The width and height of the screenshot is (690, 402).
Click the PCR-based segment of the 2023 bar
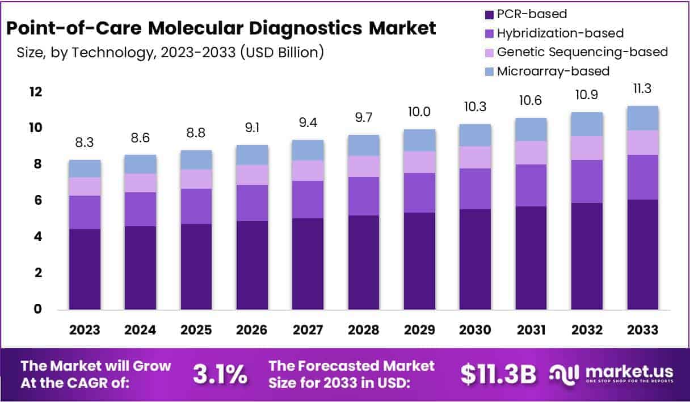(85, 269)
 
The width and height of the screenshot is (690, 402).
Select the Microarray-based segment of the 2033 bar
(642, 118)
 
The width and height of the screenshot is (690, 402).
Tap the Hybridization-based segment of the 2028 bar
(364, 196)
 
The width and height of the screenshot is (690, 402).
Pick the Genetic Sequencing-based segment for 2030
(475, 157)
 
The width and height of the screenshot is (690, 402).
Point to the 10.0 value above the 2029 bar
(419, 112)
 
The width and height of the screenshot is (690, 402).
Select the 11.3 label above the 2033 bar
(642, 89)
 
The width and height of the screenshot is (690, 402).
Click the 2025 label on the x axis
(196, 330)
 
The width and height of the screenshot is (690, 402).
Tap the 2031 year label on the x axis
(531, 330)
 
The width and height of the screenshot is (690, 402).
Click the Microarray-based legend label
(553, 71)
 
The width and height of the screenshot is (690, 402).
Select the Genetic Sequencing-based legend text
(582, 52)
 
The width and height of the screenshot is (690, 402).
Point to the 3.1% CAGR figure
(220, 374)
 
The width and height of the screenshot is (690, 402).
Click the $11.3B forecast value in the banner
(498, 374)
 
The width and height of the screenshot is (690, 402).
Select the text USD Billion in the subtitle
(281, 53)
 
